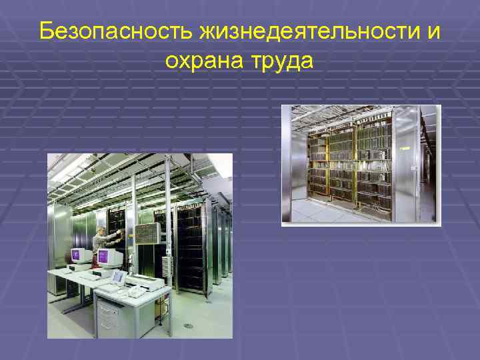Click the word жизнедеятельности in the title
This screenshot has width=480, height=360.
tap(297, 31)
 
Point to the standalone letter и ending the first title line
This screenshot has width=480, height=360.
tap(434, 31)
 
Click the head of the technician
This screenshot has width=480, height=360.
tap(101, 231)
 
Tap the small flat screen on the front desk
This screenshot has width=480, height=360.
tap(118, 275)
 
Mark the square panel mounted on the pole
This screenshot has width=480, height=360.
tap(147, 233)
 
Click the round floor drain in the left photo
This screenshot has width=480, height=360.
tap(188, 326)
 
